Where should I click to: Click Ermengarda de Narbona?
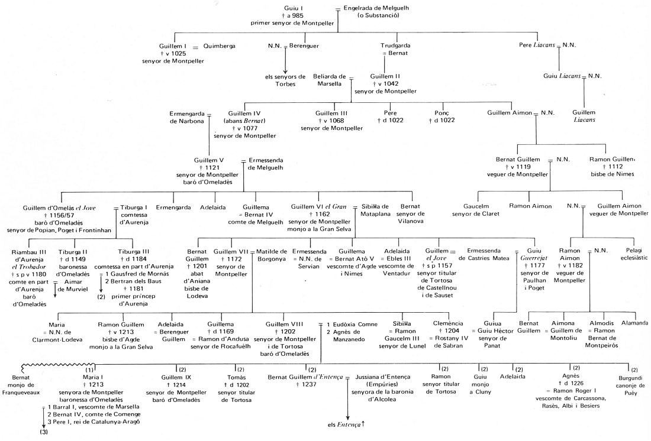186,116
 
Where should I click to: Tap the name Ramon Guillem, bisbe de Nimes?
612,159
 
